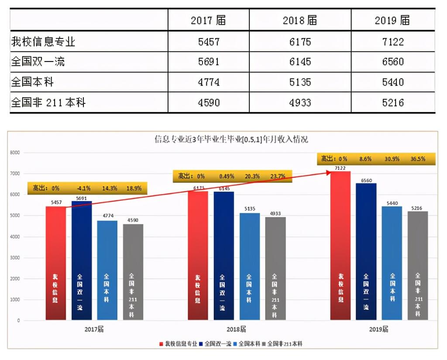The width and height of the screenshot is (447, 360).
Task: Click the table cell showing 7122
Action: tap(392, 42)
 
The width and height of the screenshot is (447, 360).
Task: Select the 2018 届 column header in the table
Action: tap(299, 21)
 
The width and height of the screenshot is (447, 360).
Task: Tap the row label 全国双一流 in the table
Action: tap(38, 62)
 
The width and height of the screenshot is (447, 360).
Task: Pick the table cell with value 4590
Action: tap(209, 103)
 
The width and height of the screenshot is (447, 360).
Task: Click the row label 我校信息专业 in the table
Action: tap(43, 42)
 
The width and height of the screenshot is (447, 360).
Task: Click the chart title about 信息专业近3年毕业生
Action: tap(231, 140)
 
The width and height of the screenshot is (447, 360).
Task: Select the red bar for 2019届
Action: tap(340, 244)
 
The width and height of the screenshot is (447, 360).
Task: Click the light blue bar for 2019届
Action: tap(392, 262)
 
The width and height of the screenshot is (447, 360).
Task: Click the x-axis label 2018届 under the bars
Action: tap(237, 329)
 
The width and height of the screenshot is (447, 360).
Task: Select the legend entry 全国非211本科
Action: tap(284, 344)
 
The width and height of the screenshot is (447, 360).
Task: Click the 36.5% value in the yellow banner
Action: tap(418, 159)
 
